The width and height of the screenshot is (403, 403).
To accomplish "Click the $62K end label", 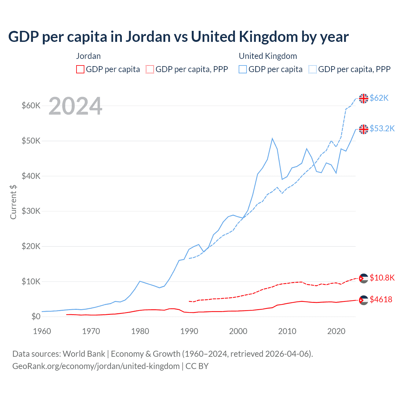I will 379,98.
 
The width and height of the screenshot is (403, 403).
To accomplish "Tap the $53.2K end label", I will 382,128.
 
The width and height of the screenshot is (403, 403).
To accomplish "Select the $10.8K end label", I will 382,278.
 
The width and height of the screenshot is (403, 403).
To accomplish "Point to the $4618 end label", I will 381,299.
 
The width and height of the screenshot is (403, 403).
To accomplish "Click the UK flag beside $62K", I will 364,99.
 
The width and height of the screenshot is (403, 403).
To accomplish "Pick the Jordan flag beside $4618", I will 364,300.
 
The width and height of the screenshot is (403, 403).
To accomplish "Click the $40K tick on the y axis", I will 31,176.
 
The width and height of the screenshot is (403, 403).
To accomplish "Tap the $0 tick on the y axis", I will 36,316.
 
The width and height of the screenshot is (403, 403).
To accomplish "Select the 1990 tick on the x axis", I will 189,331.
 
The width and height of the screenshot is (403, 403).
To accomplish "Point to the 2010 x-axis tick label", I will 287,331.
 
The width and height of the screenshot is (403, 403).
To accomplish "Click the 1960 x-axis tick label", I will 42,331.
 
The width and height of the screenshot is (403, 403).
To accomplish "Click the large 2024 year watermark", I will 76,106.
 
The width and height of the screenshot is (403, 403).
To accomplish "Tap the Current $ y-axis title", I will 13,202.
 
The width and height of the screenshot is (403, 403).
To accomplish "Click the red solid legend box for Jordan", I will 80,69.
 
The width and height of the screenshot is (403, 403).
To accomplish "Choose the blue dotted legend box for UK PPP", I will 313,69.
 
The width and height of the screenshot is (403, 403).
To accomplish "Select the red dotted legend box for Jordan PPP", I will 150,69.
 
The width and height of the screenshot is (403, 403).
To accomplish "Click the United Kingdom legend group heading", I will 268,56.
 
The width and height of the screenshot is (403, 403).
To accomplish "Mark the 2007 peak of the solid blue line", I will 272,139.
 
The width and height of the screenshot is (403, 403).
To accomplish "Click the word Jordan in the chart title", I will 148,37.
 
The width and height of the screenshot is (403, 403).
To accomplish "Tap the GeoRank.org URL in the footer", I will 96,366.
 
